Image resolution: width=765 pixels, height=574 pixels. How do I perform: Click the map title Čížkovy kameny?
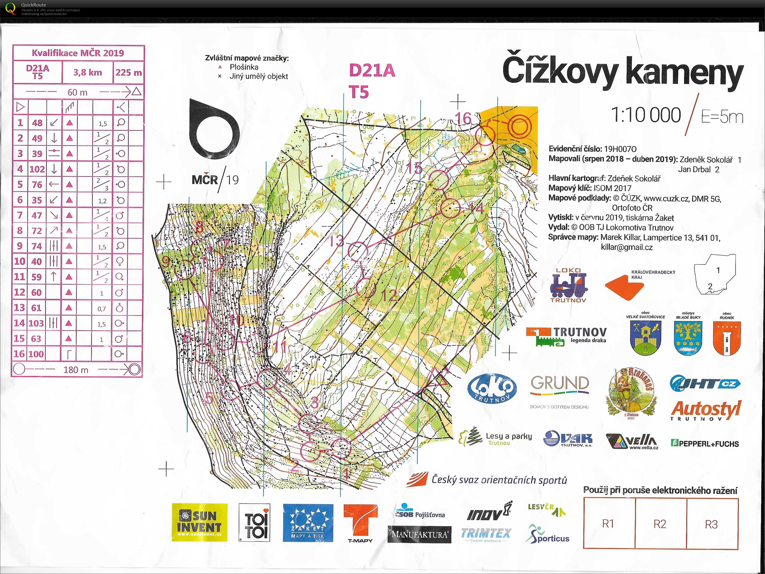tap(622, 72)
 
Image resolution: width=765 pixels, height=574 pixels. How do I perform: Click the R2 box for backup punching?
tap(660, 524)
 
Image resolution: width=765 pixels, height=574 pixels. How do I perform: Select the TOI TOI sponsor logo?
tap(255, 523)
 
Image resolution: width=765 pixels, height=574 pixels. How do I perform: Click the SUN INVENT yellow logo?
tap(199, 522)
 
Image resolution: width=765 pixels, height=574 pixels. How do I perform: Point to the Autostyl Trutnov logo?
tap(706, 411)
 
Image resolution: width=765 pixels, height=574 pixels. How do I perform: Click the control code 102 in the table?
tap(37, 169)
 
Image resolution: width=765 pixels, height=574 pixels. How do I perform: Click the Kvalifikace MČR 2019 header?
tap(78, 53)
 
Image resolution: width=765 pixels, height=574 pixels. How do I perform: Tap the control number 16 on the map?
tap(463, 119)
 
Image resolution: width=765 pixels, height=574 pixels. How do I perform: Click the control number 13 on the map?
tap(336, 241)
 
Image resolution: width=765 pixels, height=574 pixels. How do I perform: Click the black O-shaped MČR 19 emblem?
tap(214, 130)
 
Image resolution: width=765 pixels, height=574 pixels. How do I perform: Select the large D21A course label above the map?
tap(372, 71)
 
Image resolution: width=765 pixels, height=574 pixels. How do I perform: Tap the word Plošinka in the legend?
tap(244, 67)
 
